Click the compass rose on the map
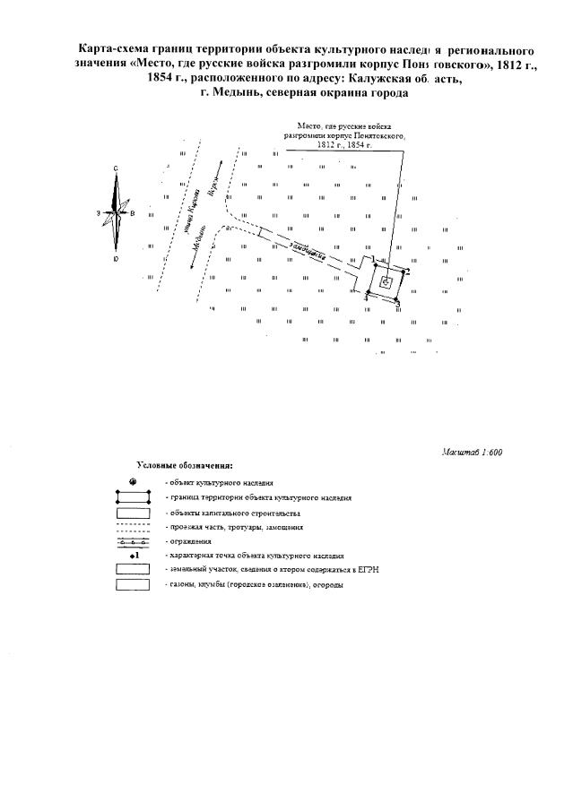[117, 214]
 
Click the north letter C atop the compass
[117, 168]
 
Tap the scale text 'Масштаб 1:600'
[473, 452]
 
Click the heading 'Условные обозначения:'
[185, 467]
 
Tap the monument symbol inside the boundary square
[386, 281]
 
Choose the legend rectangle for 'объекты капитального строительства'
[133, 513]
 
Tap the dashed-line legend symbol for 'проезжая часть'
[133, 528]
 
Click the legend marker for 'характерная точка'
[133, 556]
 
